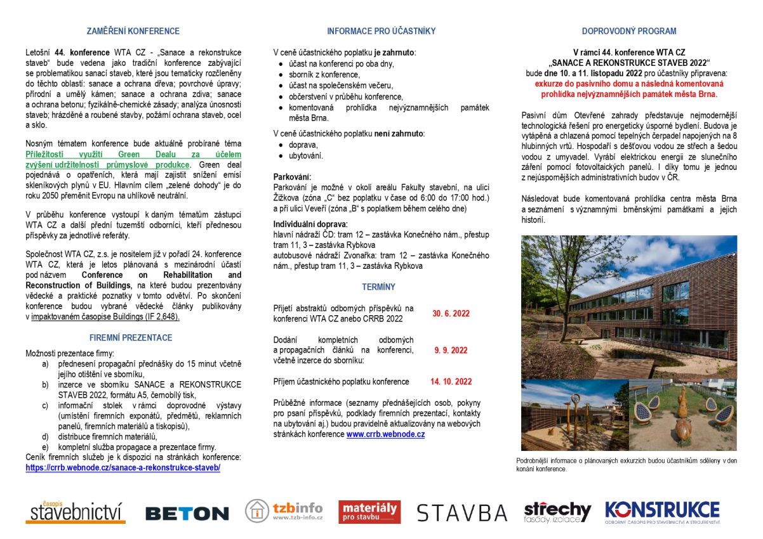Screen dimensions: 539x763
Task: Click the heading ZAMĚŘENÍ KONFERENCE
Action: click(x=133, y=31)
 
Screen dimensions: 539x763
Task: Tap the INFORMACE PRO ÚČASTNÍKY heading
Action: click(x=381, y=31)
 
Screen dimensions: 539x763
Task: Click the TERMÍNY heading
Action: click(x=379, y=287)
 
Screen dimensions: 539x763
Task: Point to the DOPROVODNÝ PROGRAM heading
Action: click(x=629, y=31)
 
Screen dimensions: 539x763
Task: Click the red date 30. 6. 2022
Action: click(x=451, y=313)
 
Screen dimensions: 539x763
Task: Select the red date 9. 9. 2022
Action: click(x=451, y=350)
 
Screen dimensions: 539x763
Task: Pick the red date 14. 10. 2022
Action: click(x=451, y=382)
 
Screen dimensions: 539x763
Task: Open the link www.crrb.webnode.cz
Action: click(x=385, y=434)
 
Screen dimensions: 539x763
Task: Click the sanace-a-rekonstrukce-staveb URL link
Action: click(x=123, y=467)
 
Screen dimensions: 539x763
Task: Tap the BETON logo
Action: click(x=187, y=513)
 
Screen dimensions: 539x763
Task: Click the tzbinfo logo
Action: click(x=284, y=511)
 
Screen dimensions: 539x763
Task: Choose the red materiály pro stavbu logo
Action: click(x=369, y=512)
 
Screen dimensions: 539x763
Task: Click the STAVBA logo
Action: click(x=461, y=512)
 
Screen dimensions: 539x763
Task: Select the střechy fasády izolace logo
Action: click(x=557, y=512)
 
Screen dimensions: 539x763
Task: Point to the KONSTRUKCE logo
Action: click(x=662, y=511)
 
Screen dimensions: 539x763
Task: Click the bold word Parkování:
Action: click(x=293, y=176)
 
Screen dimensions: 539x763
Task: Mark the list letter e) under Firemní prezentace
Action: click(x=45, y=446)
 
